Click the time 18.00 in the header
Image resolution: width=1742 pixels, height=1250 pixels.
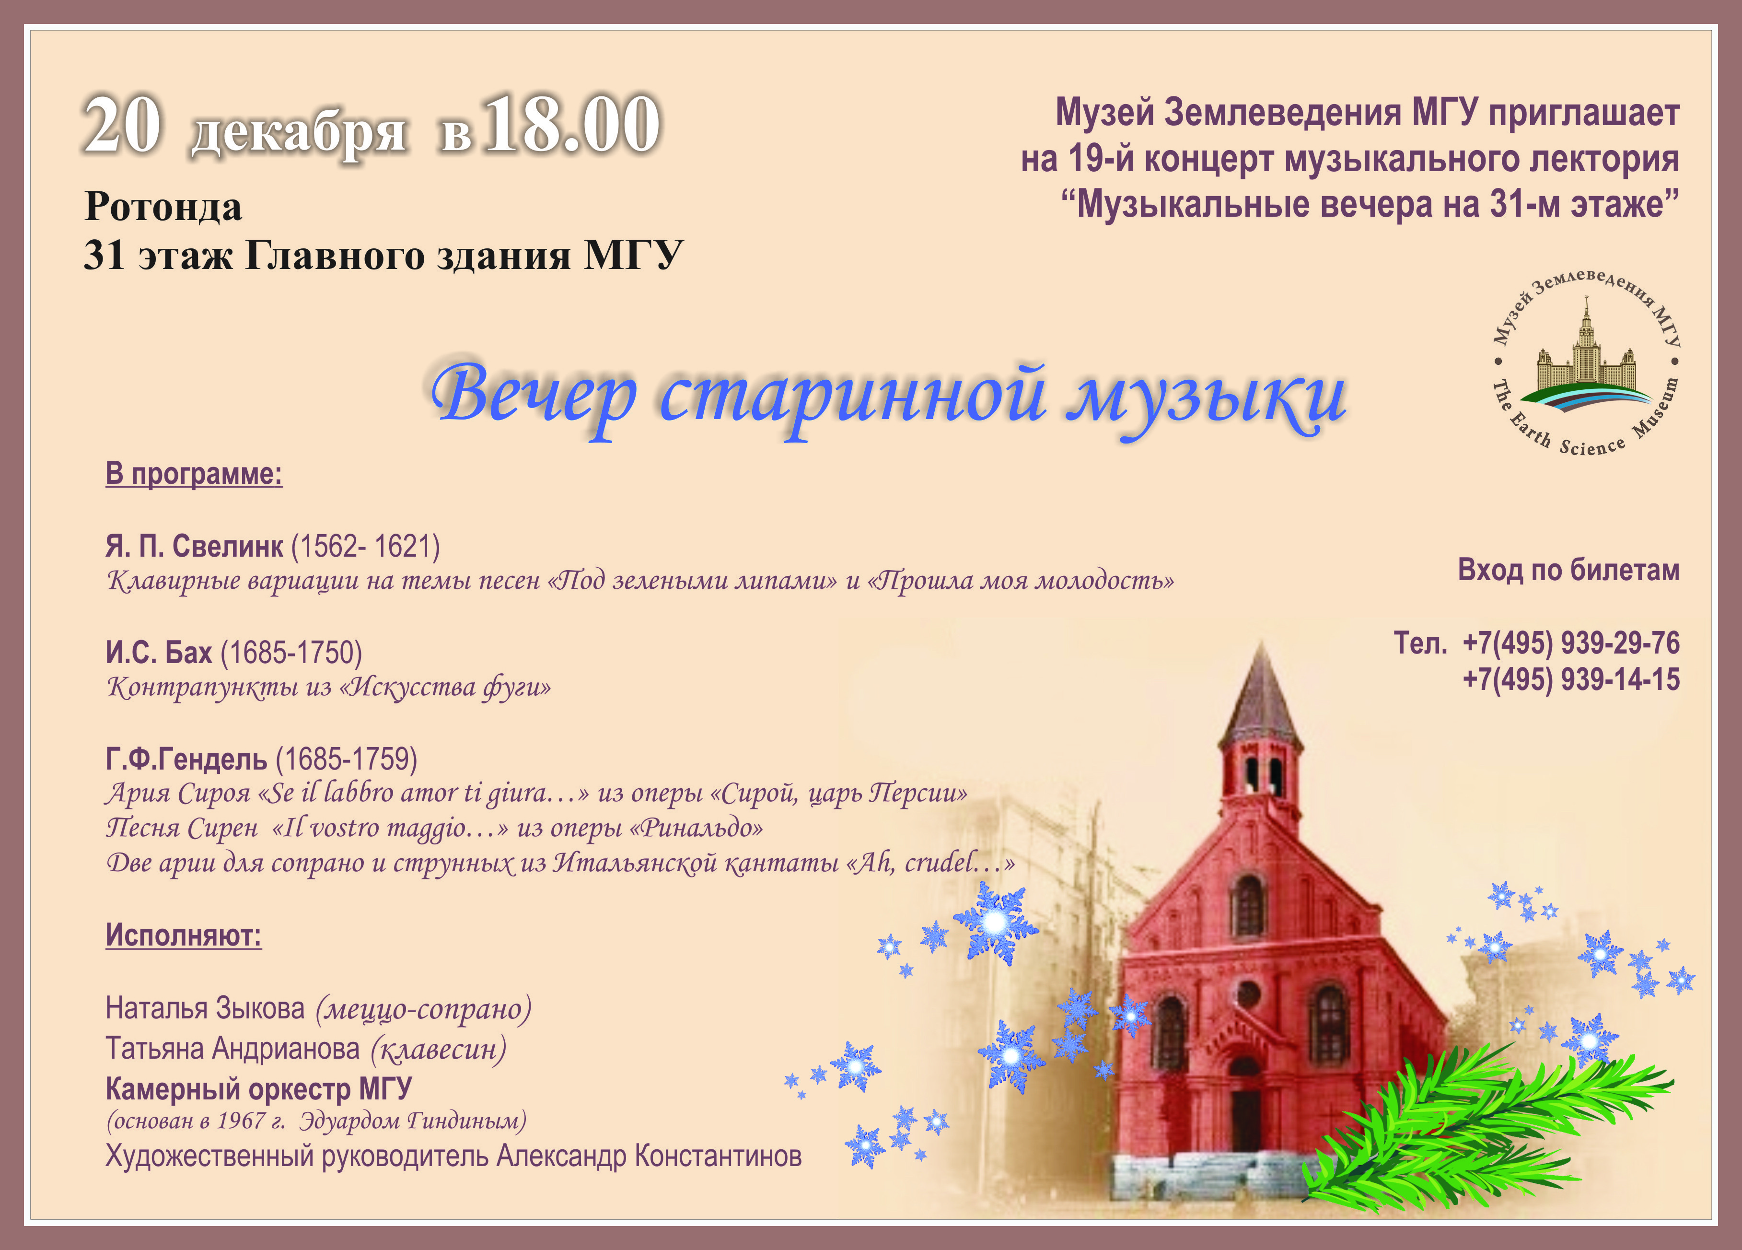point(572,125)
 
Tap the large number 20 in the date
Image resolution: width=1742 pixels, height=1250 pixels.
point(123,125)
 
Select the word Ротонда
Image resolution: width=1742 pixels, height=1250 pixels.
point(163,206)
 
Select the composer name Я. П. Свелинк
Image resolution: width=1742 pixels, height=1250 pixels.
point(194,546)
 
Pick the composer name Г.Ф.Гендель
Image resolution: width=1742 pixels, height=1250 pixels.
point(186,759)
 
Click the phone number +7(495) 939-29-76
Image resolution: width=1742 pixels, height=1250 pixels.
point(1571,643)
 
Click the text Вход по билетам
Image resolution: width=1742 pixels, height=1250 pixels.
point(1568,570)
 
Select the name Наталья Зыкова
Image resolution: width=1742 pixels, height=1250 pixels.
point(205,1008)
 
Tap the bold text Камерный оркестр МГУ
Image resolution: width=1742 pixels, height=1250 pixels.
point(259,1089)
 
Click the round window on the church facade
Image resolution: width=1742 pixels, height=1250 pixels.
point(1249,994)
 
